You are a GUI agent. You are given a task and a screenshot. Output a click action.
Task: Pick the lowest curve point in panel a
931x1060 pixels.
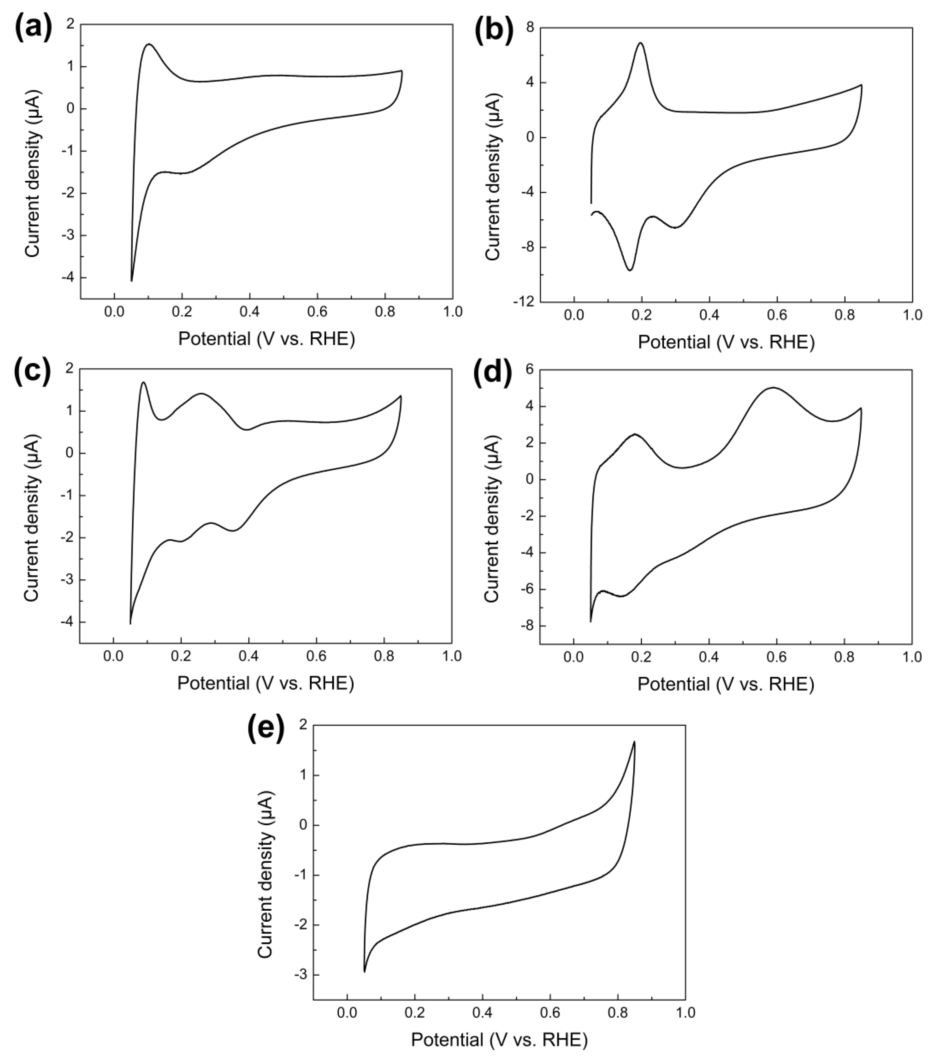coord(132,281)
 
